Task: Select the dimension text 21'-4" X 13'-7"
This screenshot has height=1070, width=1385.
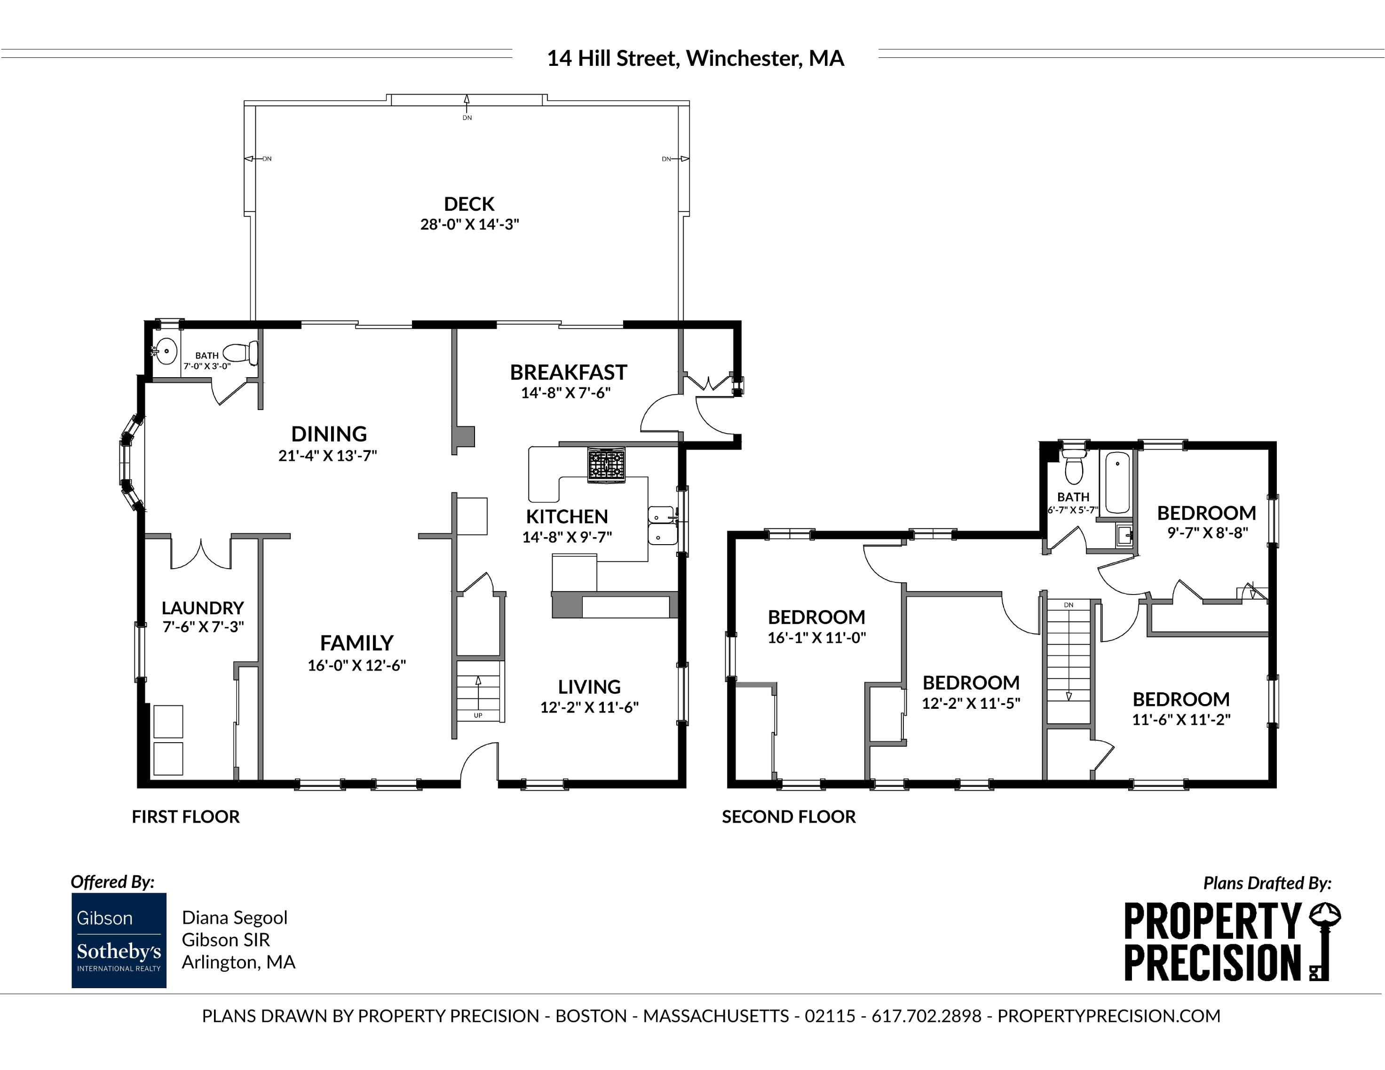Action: coord(327,455)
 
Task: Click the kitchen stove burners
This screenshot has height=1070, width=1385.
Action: coord(606,464)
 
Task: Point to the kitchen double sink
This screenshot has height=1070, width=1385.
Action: coord(661,525)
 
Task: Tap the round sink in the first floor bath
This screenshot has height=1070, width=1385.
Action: coord(166,351)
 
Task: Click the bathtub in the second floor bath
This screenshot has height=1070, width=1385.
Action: coord(1117,482)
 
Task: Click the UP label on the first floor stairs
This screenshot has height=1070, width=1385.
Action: coord(478,715)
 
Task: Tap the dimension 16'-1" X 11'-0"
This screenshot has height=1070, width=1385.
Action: coord(817,637)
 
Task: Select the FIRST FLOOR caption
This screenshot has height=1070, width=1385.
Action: coord(186,817)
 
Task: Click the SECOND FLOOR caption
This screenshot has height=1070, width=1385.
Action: coord(789,817)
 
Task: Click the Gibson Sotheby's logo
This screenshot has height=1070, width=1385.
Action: coord(119,940)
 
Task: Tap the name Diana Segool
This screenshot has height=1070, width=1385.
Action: coord(235,918)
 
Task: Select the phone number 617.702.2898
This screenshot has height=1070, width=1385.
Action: coord(926,1015)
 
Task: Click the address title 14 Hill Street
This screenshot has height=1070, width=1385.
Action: coord(613,58)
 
